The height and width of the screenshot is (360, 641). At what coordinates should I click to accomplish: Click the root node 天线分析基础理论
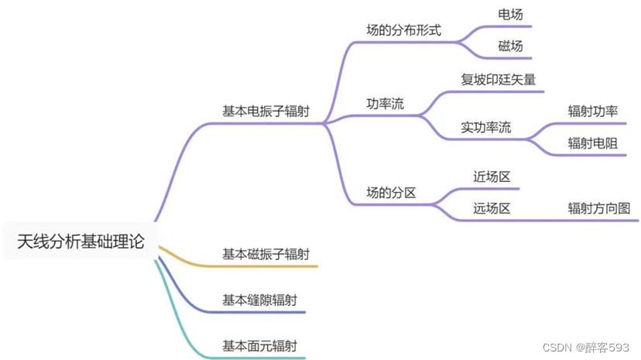tap(81, 242)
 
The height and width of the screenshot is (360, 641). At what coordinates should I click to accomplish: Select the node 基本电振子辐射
tap(266, 111)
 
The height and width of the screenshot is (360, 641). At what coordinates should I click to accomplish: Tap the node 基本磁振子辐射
tap(266, 254)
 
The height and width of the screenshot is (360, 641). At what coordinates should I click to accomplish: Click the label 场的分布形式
tap(403, 30)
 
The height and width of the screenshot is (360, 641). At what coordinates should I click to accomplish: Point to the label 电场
tap(510, 14)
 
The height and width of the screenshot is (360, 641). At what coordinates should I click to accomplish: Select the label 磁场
tap(510, 46)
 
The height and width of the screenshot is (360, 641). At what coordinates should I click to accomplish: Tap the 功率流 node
tap(385, 104)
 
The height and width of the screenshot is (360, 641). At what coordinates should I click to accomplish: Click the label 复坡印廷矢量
tap(498, 79)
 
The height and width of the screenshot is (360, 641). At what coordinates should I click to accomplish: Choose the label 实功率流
tap(485, 128)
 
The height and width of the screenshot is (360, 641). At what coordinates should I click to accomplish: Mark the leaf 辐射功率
tap(592, 111)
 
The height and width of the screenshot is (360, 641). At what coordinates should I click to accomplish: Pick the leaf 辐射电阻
tap(592, 143)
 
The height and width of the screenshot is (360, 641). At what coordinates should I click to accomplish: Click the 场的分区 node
tap(391, 193)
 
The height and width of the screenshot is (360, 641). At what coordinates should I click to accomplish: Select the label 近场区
tap(492, 177)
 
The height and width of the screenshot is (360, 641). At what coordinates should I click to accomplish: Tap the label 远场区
tap(492, 208)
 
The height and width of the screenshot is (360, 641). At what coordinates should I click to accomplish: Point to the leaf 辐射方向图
tap(598, 208)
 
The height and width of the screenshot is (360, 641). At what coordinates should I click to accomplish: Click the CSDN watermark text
tap(588, 348)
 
